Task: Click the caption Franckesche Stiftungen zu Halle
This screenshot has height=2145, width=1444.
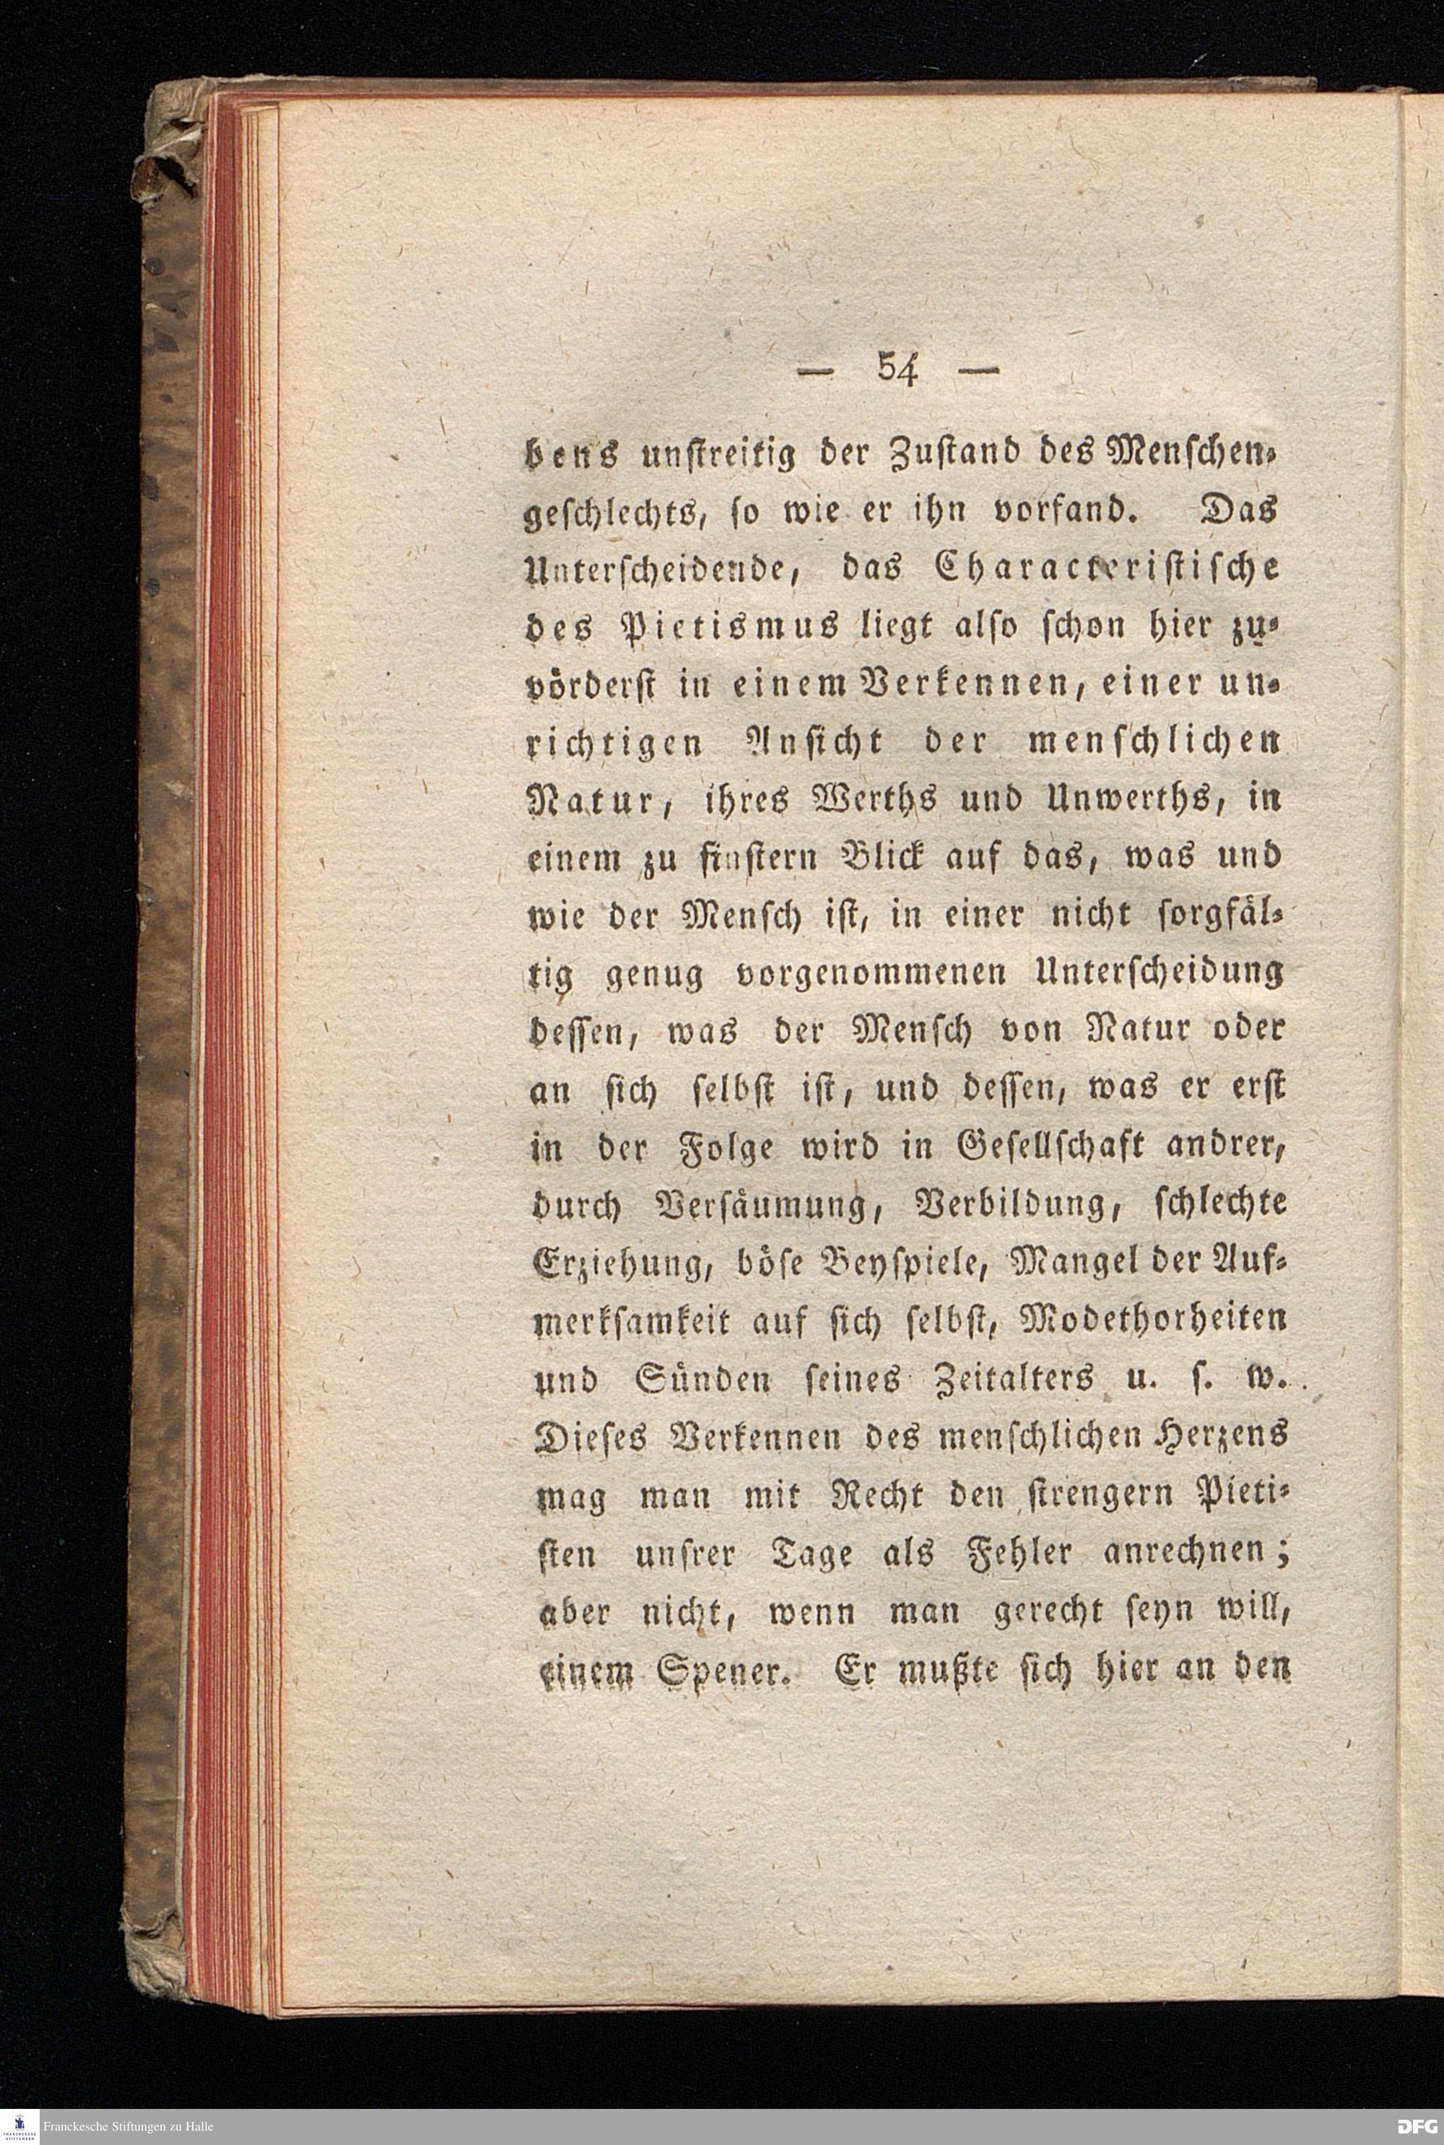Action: pos(134,2126)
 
